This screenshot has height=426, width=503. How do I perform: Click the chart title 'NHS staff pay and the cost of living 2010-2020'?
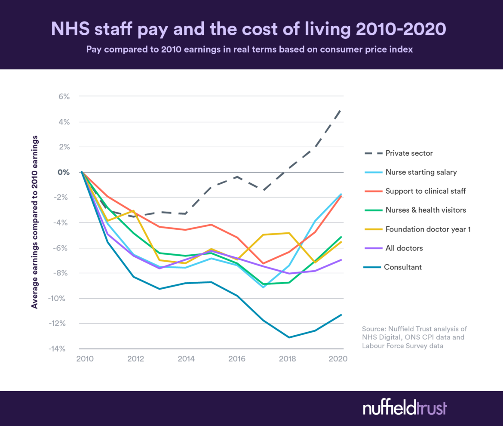[x=248, y=29]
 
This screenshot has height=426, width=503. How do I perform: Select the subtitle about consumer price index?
[x=249, y=49]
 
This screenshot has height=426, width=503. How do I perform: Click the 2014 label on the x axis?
[x=185, y=358]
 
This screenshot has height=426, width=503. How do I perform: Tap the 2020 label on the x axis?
[x=338, y=358]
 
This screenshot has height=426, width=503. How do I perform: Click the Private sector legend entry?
[x=408, y=153]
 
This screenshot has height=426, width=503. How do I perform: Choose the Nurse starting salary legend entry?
[x=421, y=172]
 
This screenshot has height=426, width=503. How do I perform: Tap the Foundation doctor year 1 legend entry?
[x=428, y=229]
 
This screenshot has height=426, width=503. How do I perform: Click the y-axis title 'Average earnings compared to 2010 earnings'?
[x=35, y=222]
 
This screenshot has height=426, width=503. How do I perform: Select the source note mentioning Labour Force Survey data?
[x=414, y=337]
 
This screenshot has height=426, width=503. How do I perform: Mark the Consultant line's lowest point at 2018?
[x=289, y=337]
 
